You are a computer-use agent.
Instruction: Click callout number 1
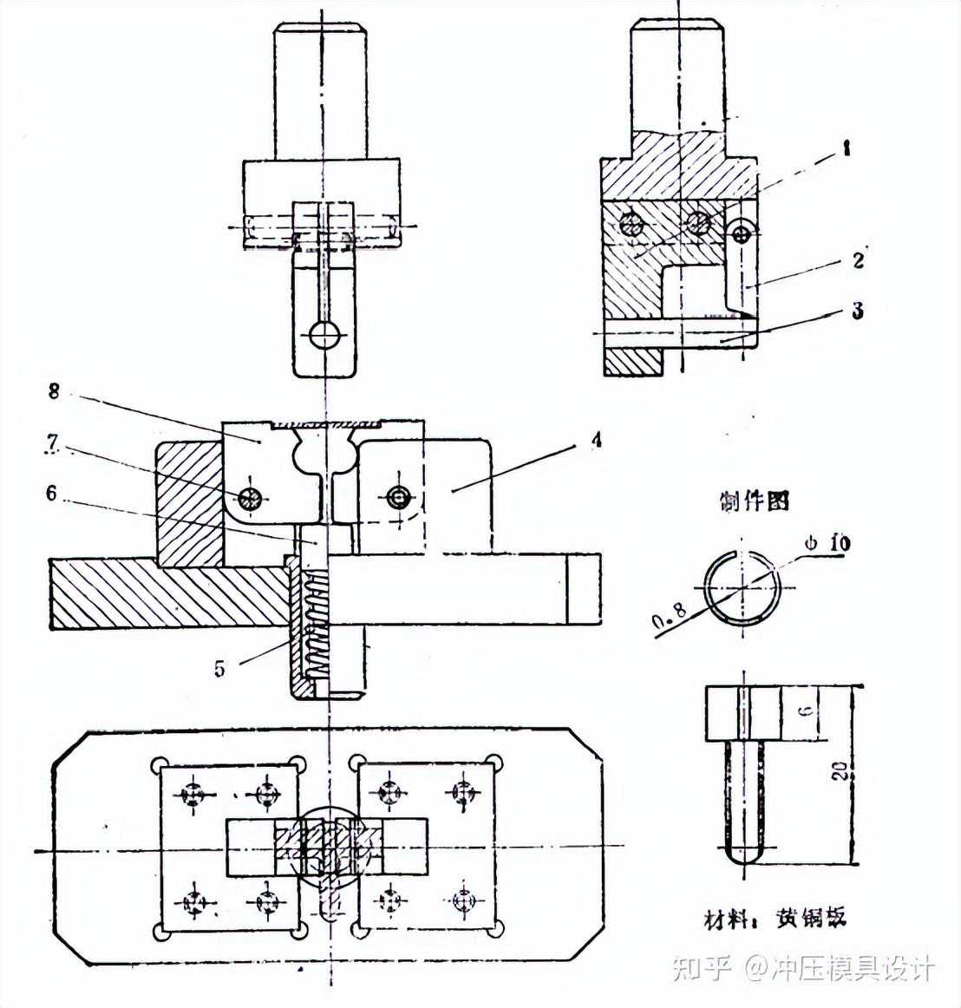847,148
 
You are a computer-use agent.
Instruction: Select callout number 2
858,259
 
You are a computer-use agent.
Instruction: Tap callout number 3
858,311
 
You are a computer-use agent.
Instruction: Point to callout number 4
595,441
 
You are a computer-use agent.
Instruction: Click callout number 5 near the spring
219,668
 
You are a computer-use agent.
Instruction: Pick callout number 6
52,493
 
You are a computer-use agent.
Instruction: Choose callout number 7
52,442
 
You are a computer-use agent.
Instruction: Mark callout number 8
54,391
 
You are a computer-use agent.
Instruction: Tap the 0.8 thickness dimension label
670,612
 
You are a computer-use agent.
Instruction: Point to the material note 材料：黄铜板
775,918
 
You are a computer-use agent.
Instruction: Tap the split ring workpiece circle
742,587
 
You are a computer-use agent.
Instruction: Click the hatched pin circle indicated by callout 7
252,498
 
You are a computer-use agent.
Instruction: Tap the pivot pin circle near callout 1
740,232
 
